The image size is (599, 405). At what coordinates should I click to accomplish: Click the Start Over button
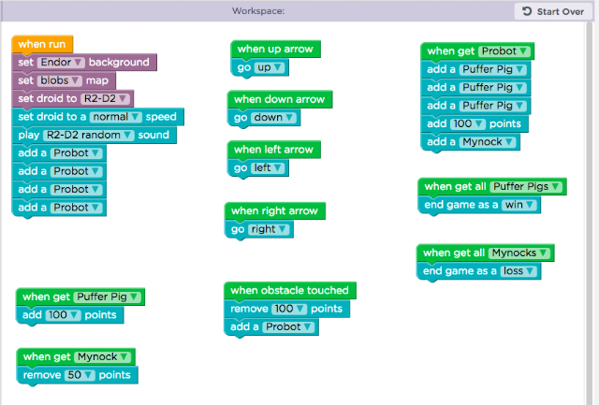(553, 11)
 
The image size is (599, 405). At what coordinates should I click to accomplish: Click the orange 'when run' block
(42, 44)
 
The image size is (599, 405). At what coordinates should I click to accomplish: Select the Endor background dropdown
(61, 63)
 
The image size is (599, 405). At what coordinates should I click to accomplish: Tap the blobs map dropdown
(60, 80)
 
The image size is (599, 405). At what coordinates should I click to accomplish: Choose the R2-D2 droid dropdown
(105, 98)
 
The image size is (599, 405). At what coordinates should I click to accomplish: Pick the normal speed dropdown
(116, 117)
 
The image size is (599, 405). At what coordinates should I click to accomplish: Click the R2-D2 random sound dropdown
(89, 135)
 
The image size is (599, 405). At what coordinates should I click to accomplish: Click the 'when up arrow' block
(275, 50)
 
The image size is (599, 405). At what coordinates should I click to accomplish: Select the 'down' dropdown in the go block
(273, 118)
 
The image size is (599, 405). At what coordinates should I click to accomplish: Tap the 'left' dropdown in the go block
(268, 168)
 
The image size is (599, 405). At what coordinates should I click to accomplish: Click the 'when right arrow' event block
(274, 211)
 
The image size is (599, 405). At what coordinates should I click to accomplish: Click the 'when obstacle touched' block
(290, 291)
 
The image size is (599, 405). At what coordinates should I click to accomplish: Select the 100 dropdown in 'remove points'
(289, 309)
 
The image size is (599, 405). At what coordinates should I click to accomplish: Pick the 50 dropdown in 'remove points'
(80, 375)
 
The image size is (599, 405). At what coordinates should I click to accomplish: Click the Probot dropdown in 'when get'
(504, 51)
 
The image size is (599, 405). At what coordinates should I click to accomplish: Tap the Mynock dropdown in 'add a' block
(488, 142)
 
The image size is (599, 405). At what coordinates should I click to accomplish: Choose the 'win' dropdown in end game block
(519, 205)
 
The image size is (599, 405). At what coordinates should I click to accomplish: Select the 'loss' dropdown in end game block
(519, 271)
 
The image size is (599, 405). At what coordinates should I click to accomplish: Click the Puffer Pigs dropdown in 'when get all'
(526, 187)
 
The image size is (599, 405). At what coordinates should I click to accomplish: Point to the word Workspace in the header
(258, 11)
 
